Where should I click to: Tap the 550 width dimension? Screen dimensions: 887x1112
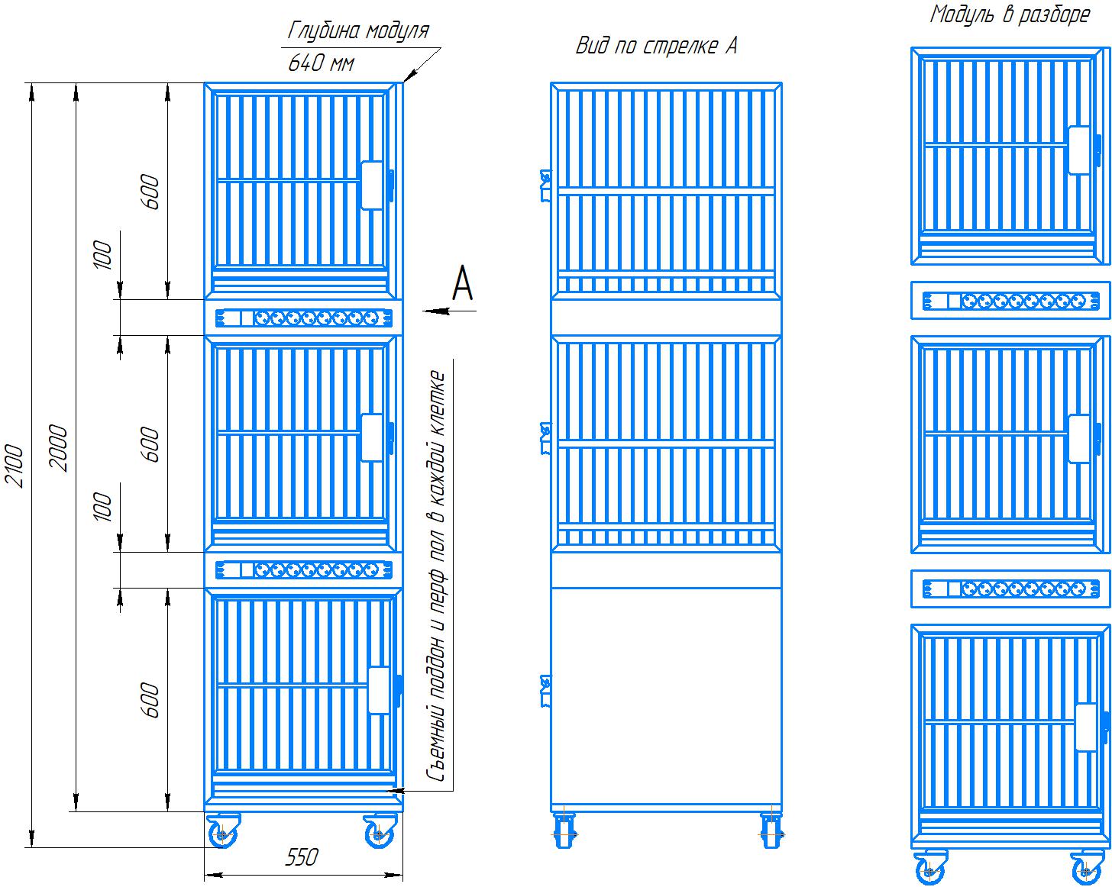[x=302, y=857]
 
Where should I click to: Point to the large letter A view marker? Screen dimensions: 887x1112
[x=463, y=283]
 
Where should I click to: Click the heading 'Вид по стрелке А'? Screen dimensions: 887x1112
[x=656, y=46]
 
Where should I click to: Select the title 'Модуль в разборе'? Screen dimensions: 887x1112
[x=1009, y=15]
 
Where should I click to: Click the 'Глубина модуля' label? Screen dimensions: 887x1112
[x=358, y=31]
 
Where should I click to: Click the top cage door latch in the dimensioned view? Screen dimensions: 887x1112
[x=373, y=185]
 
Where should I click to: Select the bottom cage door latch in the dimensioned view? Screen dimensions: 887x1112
[x=380, y=690]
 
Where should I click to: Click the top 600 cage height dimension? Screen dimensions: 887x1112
[x=150, y=192]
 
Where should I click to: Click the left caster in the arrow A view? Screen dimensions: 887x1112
[x=564, y=829]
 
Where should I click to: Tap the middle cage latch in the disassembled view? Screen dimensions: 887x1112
[x=1078, y=438]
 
